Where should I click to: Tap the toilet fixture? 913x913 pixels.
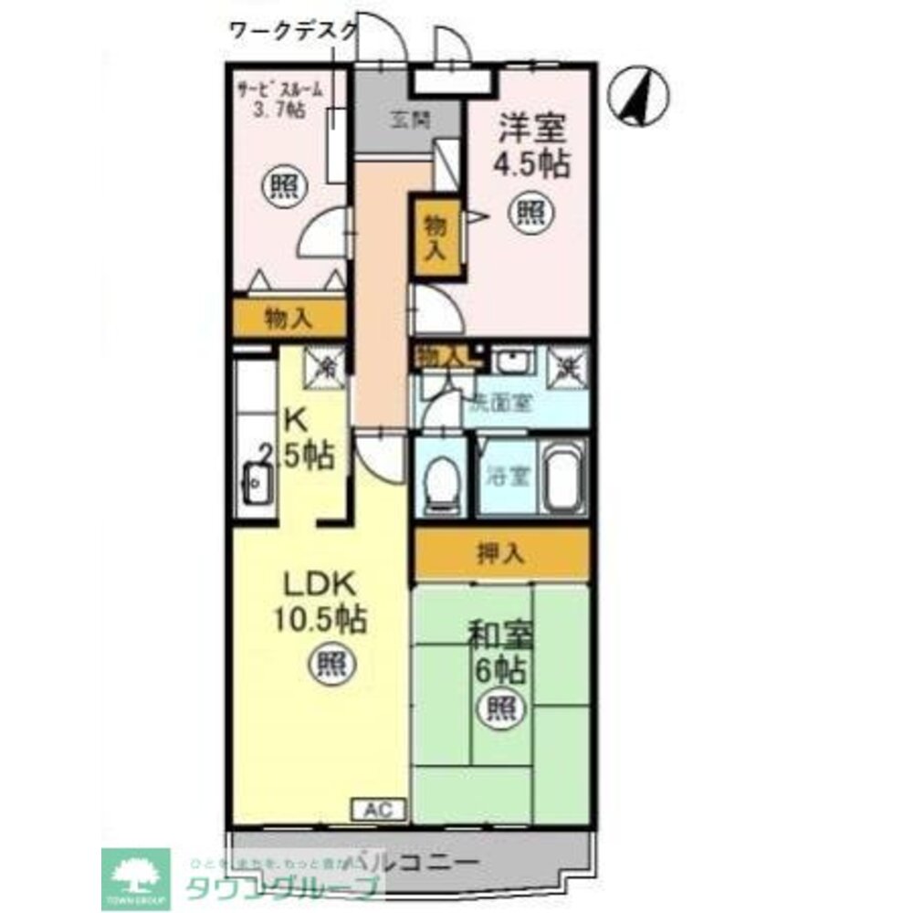pos(442,480)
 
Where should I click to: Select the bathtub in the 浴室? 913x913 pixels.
pos(564,480)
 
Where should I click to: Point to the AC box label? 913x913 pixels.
pos(378,809)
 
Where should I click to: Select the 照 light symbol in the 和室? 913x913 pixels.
pos(498,707)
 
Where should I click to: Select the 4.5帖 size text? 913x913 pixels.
pos(532,164)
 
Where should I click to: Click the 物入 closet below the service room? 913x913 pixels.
pos(289,319)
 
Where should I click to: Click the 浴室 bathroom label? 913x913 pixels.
pos(503,477)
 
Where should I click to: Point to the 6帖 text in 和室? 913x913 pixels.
pos(498,671)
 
